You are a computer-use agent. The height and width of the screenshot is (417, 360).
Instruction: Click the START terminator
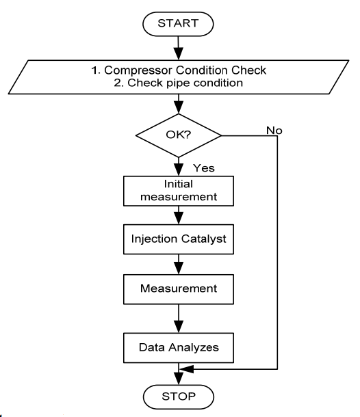point(178,24)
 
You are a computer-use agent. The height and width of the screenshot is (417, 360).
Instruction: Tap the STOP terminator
point(179,396)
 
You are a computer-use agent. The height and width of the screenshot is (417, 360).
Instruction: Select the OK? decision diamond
point(179,135)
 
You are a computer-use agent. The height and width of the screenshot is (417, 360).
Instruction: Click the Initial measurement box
point(179,191)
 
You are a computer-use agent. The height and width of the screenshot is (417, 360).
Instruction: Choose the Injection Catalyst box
point(179,239)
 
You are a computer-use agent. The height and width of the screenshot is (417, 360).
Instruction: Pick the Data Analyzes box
point(179,347)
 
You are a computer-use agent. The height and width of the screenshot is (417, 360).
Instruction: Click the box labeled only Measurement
point(179,289)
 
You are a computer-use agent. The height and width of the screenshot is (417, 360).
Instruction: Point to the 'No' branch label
point(274,131)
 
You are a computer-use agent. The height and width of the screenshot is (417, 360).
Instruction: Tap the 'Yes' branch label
point(204,168)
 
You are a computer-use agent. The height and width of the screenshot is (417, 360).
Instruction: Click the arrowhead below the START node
point(179,53)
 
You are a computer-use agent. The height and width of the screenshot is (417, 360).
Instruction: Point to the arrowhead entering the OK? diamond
point(179,107)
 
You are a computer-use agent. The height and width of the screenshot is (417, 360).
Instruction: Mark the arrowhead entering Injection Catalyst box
point(179,218)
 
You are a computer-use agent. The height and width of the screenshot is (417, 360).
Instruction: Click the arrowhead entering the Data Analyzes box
point(179,327)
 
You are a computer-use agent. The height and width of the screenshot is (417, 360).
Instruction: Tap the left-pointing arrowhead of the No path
point(186,369)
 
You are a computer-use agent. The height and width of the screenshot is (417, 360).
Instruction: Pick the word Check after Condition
point(248,70)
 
